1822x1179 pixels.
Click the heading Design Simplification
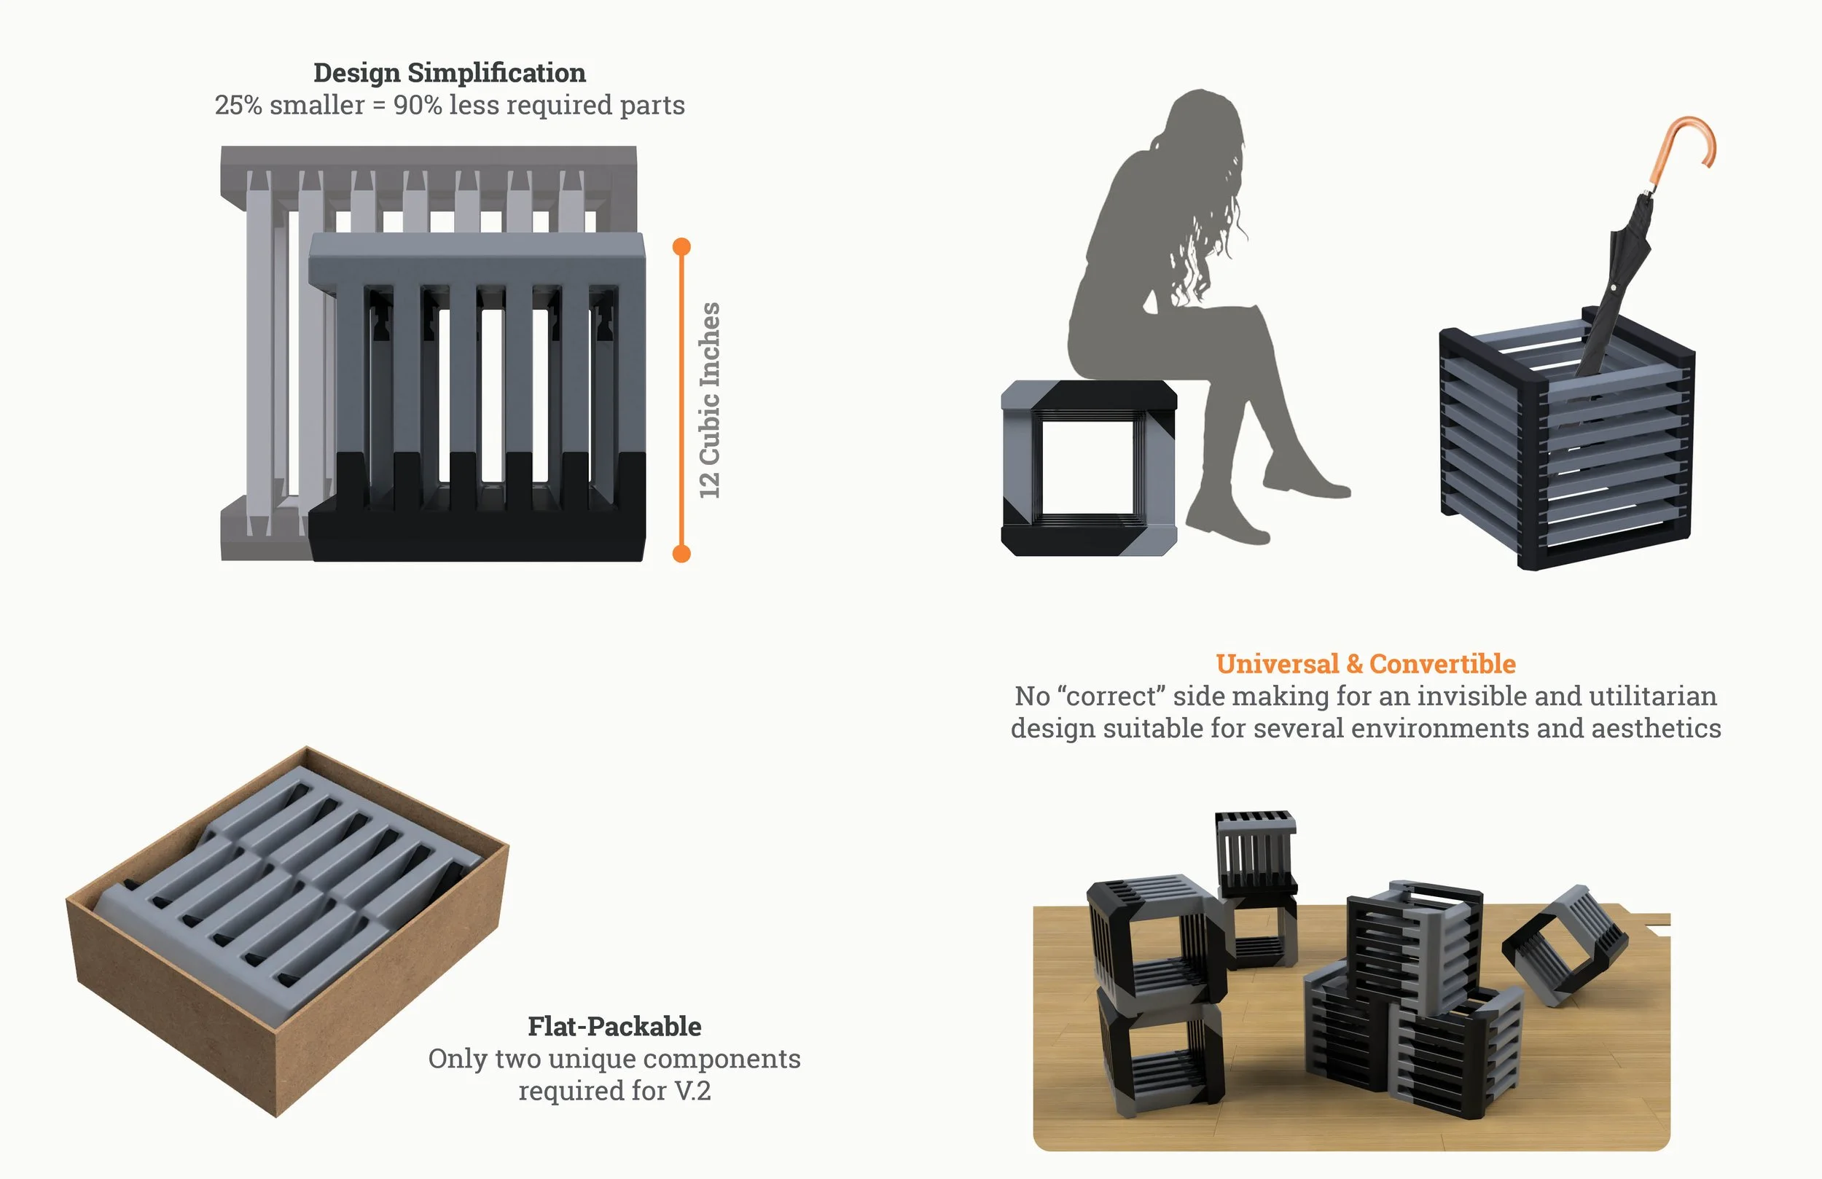click(450, 73)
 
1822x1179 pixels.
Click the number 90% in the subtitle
click(417, 105)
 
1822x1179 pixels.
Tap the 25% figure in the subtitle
click(238, 105)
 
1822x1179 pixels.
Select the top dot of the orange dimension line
click(681, 246)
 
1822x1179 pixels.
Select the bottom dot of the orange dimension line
click(681, 554)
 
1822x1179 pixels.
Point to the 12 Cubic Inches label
click(710, 400)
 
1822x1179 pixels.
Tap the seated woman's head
click(1202, 122)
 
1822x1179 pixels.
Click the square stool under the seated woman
click(1089, 468)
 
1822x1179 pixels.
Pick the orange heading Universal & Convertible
click(1366, 664)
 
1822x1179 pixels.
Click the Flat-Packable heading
click(614, 1027)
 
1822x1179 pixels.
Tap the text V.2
click(693, 1091)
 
